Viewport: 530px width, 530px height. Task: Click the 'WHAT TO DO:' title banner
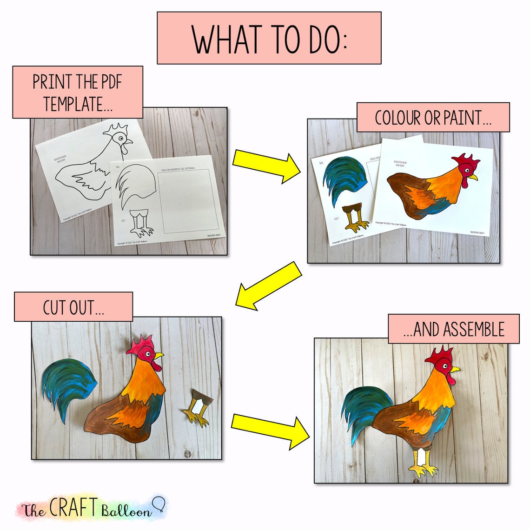tap(269, 38)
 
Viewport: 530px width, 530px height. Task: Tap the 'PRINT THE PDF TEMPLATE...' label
tap(77, 92)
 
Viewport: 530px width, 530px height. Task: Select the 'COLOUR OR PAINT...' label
tap(433, 118)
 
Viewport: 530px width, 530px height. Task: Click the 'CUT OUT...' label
tap(73, 307)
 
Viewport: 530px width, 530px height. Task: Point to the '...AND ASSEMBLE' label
tap(453, 329)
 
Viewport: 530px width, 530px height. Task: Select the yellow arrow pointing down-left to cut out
tap(268, 286)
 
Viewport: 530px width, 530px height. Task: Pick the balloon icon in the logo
tap(159, 503)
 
